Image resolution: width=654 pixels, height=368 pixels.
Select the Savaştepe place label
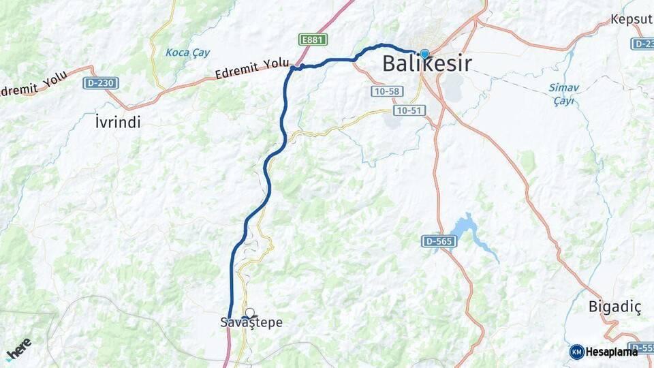251,323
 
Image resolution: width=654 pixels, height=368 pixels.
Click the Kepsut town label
632,19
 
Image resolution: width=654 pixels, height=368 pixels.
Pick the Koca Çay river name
187,52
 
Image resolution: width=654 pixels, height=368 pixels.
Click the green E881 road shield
313,40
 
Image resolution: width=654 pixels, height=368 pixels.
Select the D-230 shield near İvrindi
101,83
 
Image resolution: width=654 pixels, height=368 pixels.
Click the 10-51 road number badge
409,109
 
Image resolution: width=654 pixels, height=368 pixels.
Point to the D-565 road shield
437,241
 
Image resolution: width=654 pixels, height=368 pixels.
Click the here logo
19,348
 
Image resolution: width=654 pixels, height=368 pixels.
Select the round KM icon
576,352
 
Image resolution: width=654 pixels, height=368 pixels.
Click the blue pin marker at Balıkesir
424,54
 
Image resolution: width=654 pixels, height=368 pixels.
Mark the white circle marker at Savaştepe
249,313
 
